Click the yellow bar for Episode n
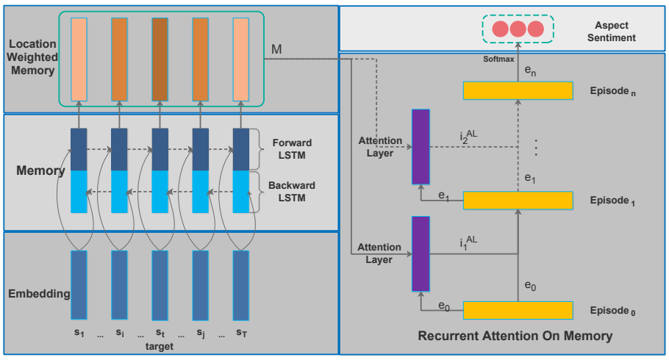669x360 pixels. pos(518,90)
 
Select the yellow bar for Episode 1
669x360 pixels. pos(518,200)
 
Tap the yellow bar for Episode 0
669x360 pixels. pos(518,310)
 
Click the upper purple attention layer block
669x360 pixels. pos(421,146)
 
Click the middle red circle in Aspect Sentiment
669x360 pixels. pos(518,29)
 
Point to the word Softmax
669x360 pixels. pos(498,58)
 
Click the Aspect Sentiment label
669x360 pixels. pos(615,30)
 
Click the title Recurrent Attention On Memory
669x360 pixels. pos(515,336)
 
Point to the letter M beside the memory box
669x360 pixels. pos(276,49)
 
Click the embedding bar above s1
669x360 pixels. pos(79,285)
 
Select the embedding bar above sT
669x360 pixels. pos(241,285)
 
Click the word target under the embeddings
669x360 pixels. pos(160,346)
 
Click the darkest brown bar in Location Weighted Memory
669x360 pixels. pos(160,58)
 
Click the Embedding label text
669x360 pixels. pos(38,294)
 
